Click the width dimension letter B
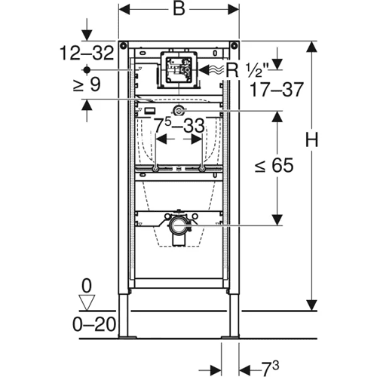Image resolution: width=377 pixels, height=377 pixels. coord(179,10)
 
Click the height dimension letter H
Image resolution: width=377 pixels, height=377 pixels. coord(311,139)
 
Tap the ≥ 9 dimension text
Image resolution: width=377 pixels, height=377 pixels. coord(87,84)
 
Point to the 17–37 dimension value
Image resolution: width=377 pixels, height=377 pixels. coord(277,90)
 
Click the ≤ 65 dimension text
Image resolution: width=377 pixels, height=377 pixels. coord(274,165)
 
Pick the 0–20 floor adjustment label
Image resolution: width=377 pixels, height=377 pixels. coord(94,324)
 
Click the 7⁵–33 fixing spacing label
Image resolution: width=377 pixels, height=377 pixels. coord(179,125)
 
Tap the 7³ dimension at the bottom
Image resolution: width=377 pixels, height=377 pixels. coord(270,368)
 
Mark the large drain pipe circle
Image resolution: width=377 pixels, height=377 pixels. coord(179,225)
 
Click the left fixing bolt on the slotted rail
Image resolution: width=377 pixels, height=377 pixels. coord(156,169)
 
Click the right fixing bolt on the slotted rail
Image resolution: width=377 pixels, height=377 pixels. coord(202,169)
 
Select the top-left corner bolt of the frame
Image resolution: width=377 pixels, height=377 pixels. coord(123,46)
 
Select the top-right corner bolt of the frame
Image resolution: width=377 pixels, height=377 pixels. coord(234,46)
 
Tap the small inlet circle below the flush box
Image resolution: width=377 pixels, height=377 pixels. coord(179,111)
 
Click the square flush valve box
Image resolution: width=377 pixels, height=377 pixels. coord(179,69)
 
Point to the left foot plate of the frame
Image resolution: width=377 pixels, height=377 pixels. coord(127,337)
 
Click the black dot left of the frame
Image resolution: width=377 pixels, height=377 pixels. coord(87,70)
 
